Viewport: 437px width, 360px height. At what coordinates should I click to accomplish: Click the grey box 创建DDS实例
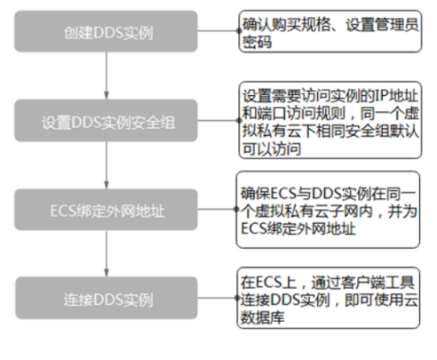click(106, 31)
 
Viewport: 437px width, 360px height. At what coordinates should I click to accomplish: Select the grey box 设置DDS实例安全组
click(106, 120)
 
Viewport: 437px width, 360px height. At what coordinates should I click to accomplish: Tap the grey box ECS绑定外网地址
click(106, 210)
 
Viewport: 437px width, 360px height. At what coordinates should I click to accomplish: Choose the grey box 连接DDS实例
click(107, 298)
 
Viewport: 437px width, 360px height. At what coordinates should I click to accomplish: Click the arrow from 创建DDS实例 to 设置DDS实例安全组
click(107, 76)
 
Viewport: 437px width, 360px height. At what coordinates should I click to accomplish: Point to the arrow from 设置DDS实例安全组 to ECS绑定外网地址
click(107, 165)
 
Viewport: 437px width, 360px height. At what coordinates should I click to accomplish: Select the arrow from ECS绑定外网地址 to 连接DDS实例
click(107, 253)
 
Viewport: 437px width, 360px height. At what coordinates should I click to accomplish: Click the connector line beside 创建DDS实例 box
click(218, 30)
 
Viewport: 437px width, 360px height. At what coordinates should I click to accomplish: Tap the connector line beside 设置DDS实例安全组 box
click(218, 120)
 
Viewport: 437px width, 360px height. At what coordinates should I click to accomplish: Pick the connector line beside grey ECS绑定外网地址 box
click(217, 210)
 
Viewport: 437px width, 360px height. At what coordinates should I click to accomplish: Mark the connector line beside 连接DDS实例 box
click(218, 298)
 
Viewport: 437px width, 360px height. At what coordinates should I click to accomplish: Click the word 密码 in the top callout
click(257, 42)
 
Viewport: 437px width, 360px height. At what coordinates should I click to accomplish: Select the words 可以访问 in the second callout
click(272, 148)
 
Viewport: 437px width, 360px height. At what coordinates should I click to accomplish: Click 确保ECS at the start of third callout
click(268, 194)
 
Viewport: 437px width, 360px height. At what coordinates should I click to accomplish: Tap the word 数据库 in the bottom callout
click(262, 317)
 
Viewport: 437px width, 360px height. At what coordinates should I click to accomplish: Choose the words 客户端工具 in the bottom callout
click(377, 282)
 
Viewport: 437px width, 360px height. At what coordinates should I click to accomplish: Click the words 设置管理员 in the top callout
click(382, 24)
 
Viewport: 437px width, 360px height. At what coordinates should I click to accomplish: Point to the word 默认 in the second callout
click(404, 131)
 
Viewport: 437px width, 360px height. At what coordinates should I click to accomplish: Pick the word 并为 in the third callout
click(402, 212)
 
